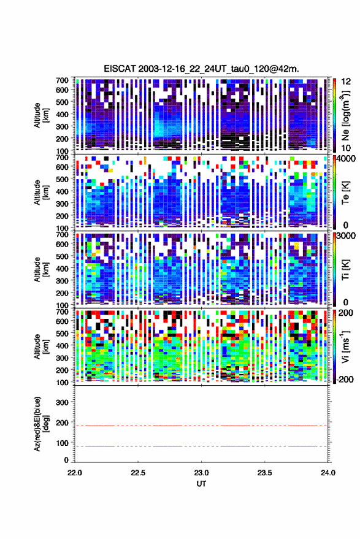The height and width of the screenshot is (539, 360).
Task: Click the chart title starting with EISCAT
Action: point(202,69)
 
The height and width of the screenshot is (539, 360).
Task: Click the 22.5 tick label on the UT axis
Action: point(138,473)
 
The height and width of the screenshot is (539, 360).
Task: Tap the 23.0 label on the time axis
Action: point(201,473)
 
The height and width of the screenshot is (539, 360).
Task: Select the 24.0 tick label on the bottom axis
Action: point(327,473)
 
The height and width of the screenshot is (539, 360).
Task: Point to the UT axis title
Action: point(201,484)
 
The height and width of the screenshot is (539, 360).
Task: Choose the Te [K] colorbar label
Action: point(345,193)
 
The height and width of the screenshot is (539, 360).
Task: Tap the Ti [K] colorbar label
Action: point(345,270)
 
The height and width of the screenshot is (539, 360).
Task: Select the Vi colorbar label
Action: point(345,346)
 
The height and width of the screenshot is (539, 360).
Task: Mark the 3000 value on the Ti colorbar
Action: point(345,237)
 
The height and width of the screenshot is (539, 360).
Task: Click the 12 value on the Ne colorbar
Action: point(346,82)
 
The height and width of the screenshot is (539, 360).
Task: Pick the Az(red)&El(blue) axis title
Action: point(40,424)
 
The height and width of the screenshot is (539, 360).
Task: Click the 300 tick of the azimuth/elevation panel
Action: point(62,402)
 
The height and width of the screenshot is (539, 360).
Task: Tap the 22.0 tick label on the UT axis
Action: point(75,473)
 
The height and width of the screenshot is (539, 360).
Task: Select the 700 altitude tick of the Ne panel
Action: point(62,80)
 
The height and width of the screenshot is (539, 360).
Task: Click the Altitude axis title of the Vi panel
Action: point(40,346)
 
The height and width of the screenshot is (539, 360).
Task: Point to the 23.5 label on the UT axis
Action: point(264,473)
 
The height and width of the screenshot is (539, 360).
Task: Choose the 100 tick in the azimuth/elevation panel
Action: point(62,443)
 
